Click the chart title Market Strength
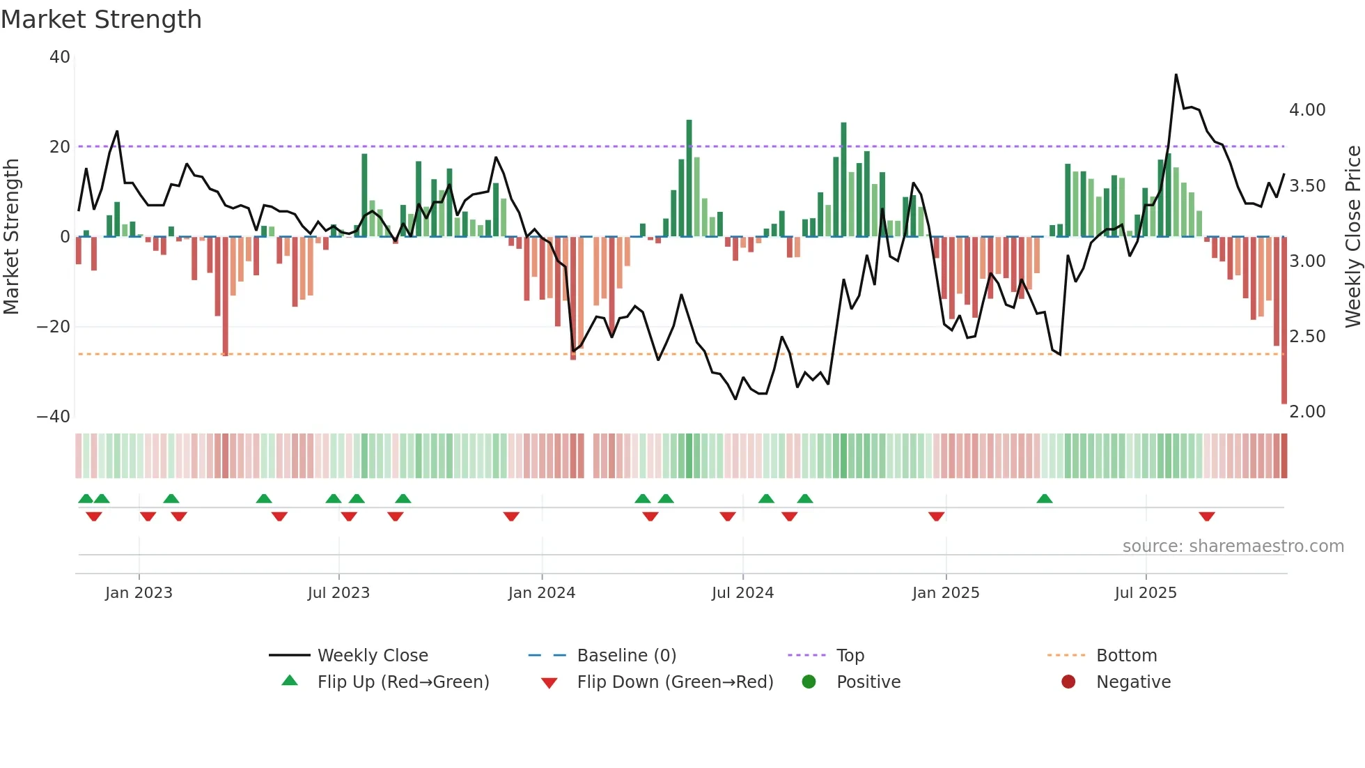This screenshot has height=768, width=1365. point(101,20)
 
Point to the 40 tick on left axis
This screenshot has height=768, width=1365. point(60,57)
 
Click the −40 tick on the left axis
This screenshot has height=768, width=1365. point(54,417)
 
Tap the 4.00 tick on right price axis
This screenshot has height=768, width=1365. point(1307,110)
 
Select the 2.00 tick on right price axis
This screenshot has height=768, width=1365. point(1307,412)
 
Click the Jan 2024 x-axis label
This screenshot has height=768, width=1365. point(541,593)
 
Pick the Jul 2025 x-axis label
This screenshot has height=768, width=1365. point(1145,593)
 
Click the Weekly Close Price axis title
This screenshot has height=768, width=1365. point(1352,237)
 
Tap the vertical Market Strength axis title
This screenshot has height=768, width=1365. point(11,237)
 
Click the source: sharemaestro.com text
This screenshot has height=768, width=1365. point(1233,546)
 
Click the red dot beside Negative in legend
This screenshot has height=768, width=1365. point(1068,682)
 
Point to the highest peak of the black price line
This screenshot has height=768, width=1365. point(1176,75)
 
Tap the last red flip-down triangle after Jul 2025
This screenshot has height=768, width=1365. point(1207,516)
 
